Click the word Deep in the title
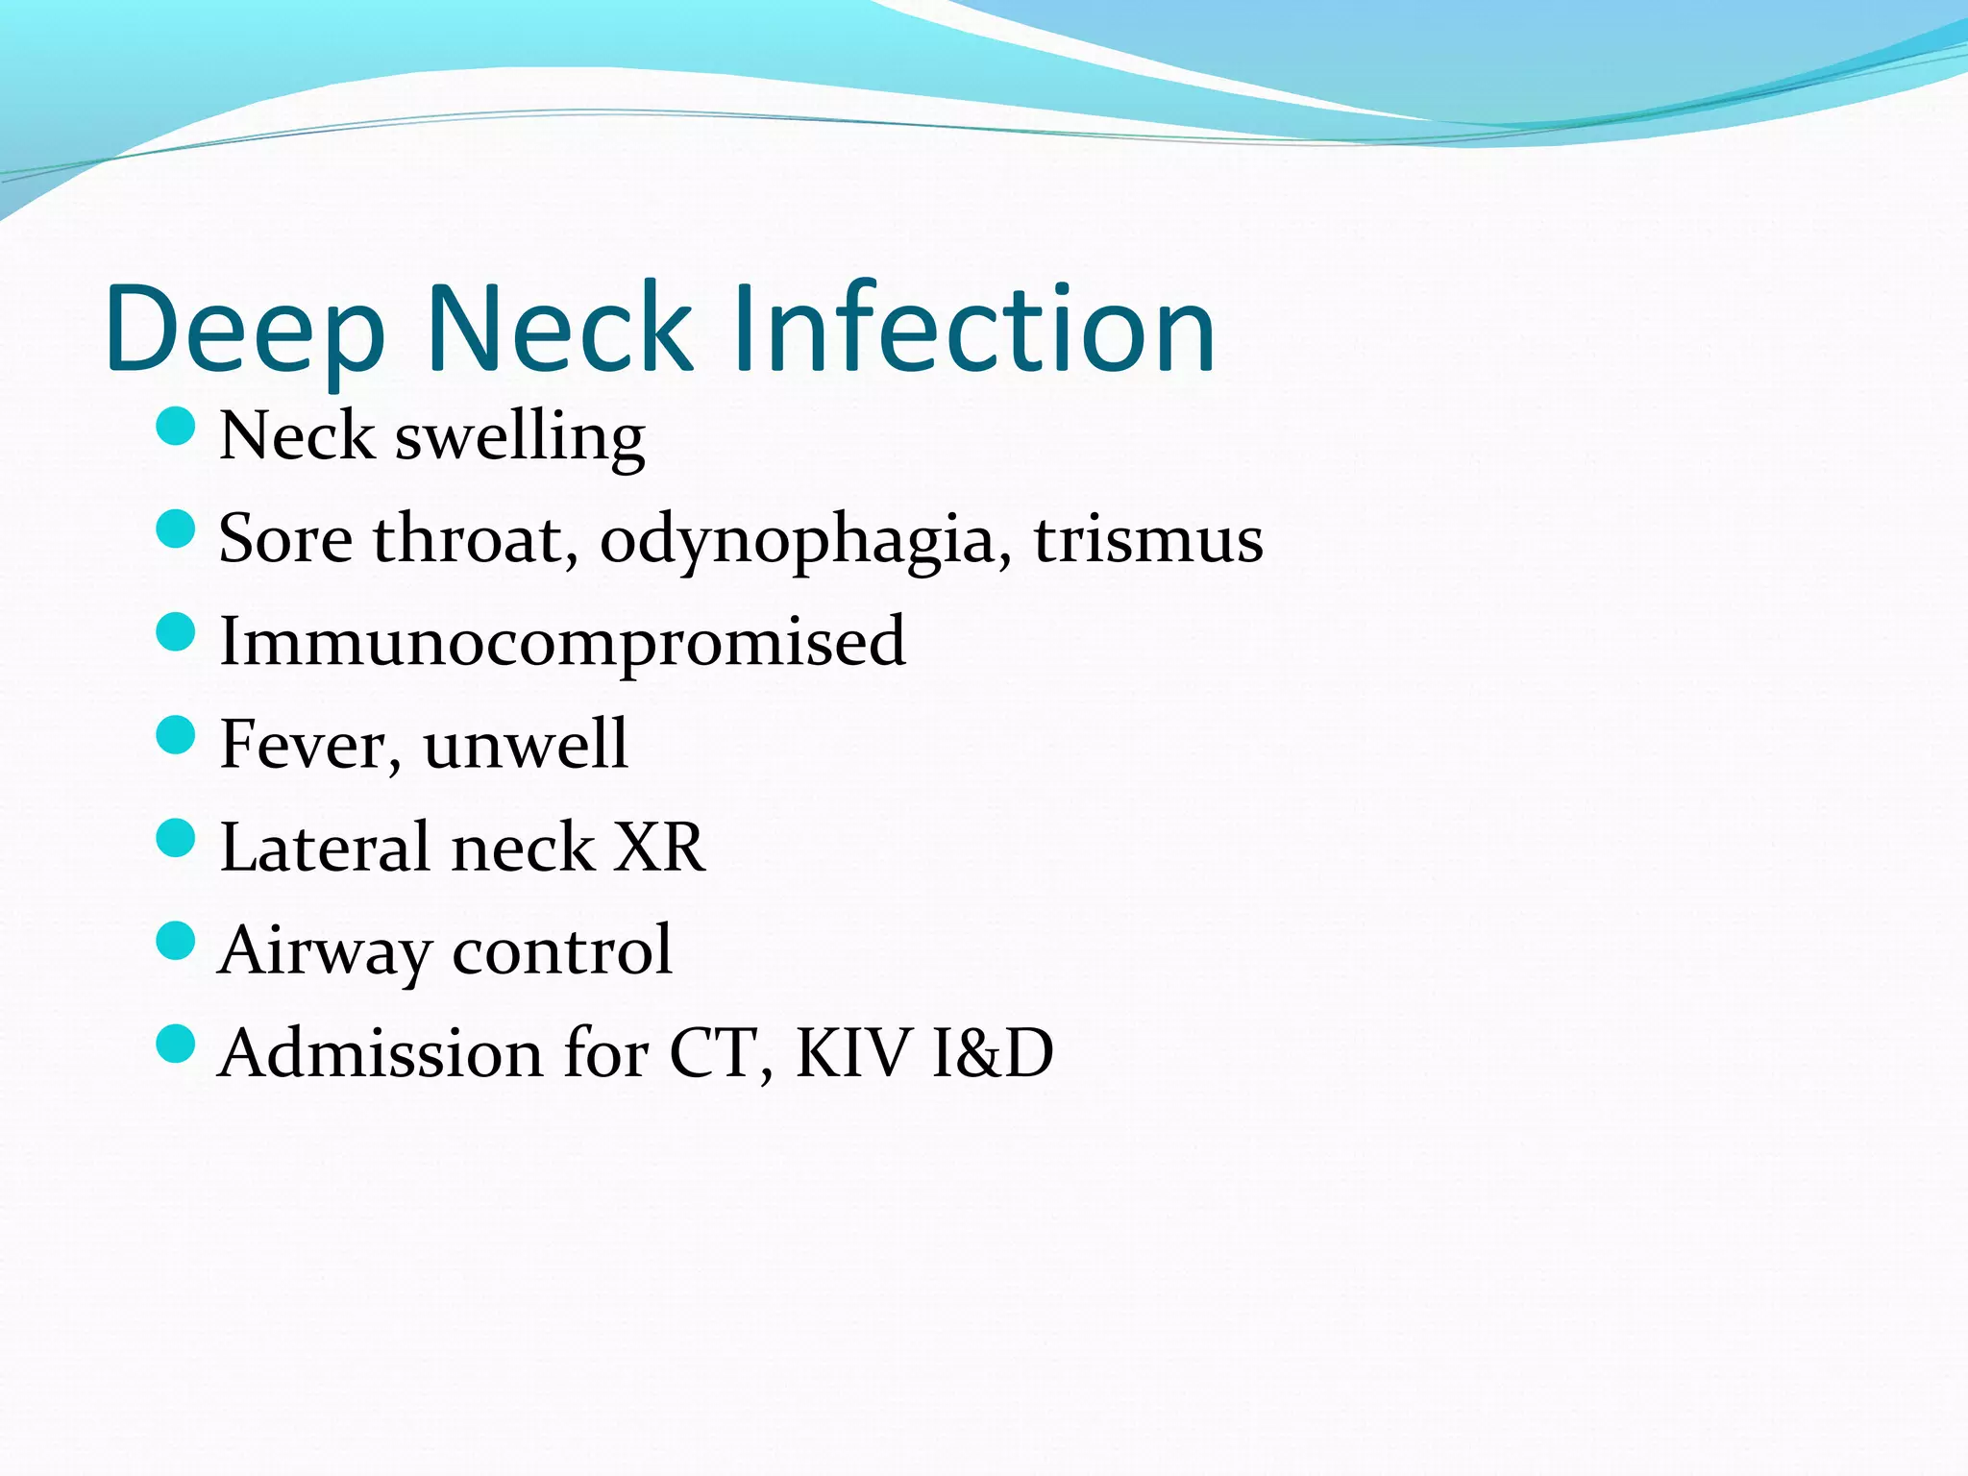[x=245, y=329]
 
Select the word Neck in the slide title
[x=559, y=329]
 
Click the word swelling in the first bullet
[x=520, y=437]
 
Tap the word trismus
[x=1148, y=540]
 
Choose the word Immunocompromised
[x=562, y=642]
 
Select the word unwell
[x=526, y=745]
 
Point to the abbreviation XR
[x=659, y=848]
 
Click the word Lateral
[x=326, y=848]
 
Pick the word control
[x=562, y=949]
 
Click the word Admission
[x=381, y=1053]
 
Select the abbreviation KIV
[x=852, y=1053]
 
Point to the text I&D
[x=993, y=1053]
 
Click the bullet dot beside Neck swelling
[x=175, y=426]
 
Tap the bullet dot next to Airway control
[x=175, y=941]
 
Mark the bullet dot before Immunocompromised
[x=175, y=632]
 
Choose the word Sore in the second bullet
[x=285, y=540]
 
